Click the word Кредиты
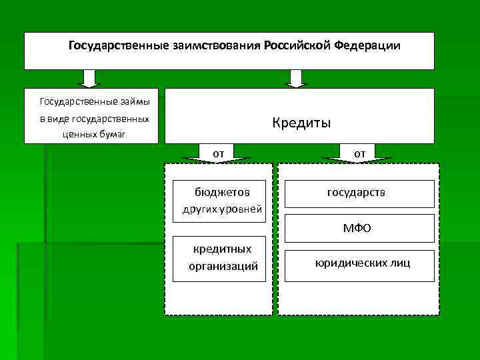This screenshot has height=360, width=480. (x=301, y=123)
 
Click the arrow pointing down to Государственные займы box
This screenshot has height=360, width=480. (x=88, y=79)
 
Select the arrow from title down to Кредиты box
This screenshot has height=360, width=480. (x=295, y=79)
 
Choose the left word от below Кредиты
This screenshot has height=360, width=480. (x=218, y=154)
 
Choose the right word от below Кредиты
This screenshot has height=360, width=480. (x=360, y=154)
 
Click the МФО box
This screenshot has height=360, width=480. (x=360, y=229)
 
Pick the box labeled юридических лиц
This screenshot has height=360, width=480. (x=360, y=263)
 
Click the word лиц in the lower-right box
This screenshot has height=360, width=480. (x=402, y=263)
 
